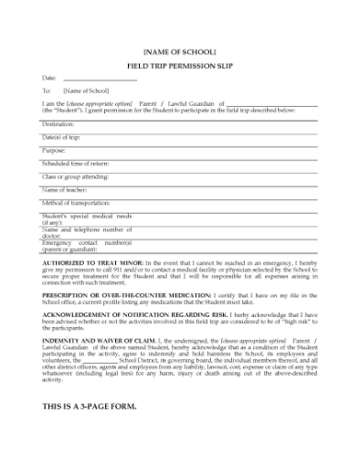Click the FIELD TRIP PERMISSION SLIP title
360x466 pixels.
(180, 67)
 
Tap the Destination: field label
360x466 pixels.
(58, 123)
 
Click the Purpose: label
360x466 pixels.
(54, 150)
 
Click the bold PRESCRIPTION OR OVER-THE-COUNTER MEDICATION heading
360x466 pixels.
(127, 296)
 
